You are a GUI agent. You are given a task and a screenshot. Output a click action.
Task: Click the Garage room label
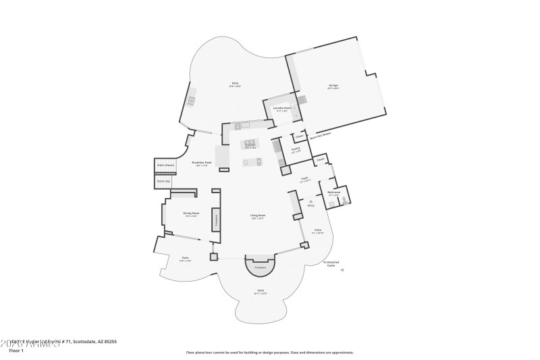click(x=333, y=85)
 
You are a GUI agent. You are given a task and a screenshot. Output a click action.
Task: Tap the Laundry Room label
click(x=282, y=108)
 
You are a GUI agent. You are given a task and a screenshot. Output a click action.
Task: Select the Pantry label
click(x=295, y=151)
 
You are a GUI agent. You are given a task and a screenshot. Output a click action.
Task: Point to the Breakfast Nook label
click(x=202, y=162)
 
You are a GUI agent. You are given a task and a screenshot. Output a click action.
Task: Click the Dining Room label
click(x=190, y=213)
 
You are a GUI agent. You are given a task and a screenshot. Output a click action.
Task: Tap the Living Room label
click(x=257, y=216)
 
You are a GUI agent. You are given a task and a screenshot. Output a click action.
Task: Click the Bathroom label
click(x=333, y=192)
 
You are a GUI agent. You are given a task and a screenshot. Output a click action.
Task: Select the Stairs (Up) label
click(x=163, y=180)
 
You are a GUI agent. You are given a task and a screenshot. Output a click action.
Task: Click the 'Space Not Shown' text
click(x=319, y=135)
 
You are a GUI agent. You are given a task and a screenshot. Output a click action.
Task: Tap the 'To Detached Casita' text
click(x=331, y=263)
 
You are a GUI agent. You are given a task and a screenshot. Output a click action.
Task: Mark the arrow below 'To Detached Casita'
click(x=342, y=269)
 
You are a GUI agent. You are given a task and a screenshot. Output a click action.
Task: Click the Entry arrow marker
click(x=311, y=201)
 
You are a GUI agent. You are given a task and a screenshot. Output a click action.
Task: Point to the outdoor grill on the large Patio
click(x=192, y=101)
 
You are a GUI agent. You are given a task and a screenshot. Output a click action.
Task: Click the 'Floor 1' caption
click(x=16, y=351)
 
